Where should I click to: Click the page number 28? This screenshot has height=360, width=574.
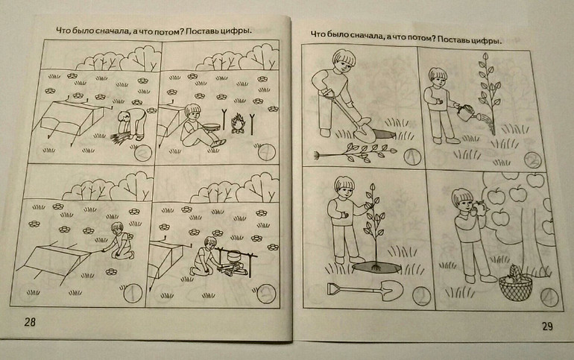tap(30, 322)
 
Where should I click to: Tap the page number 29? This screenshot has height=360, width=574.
tap(547, 326)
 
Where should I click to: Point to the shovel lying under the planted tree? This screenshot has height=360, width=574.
tap(365, 291)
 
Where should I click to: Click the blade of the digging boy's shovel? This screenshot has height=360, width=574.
tap(365, 133)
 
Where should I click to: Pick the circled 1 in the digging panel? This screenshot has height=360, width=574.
tap(412, 157)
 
